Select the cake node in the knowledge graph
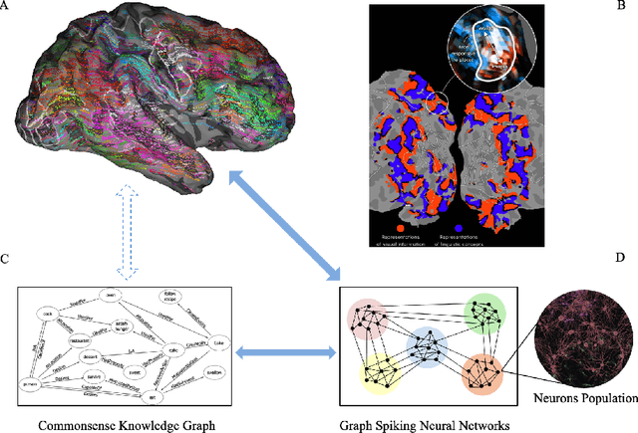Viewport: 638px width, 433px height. [x=46, y=313]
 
